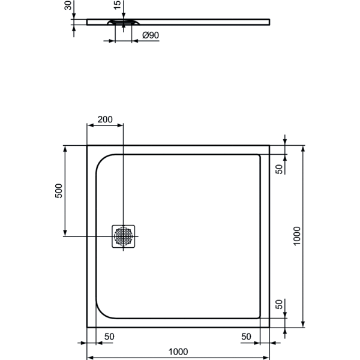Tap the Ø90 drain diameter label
[151, 36]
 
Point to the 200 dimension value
[105, 119]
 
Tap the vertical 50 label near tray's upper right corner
[279, 169]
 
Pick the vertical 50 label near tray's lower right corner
[279, 304]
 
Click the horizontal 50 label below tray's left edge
[110, 337]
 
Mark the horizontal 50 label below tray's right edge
[246, 337]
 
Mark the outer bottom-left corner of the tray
[88, 327]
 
